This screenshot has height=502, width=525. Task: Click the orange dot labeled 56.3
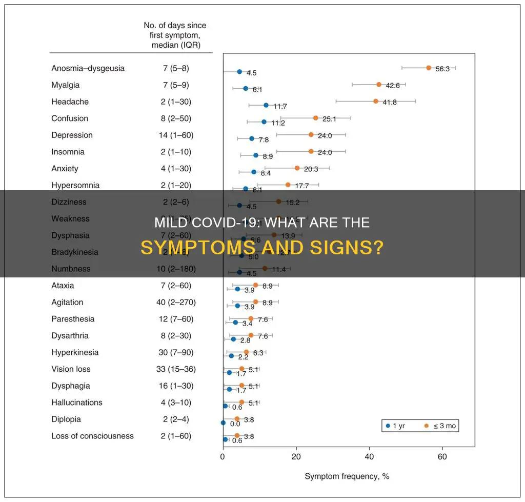[428, 68]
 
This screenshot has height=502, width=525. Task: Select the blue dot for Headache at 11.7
[266, 105]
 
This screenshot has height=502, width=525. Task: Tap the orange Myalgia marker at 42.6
[379, 85]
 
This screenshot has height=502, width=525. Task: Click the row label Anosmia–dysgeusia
[88, 68]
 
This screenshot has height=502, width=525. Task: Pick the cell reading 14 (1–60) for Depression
[176, 135]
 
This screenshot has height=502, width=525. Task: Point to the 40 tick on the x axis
[369, 456]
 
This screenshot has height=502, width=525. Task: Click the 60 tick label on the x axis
[442, 456]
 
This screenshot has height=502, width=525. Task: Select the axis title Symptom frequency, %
[347, 476]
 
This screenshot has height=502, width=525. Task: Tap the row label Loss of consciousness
[92, 436]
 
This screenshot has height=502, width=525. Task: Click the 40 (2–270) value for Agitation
[176, 303]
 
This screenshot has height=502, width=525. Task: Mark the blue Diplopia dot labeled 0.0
[223, 423]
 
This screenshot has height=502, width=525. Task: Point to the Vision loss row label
[73, 369]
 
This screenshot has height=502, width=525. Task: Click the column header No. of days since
[176, 25]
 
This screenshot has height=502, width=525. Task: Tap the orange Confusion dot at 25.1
[315, 118]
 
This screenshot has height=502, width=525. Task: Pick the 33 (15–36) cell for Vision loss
[176, 369]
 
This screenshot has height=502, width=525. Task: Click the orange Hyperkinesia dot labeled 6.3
[246, 352]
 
